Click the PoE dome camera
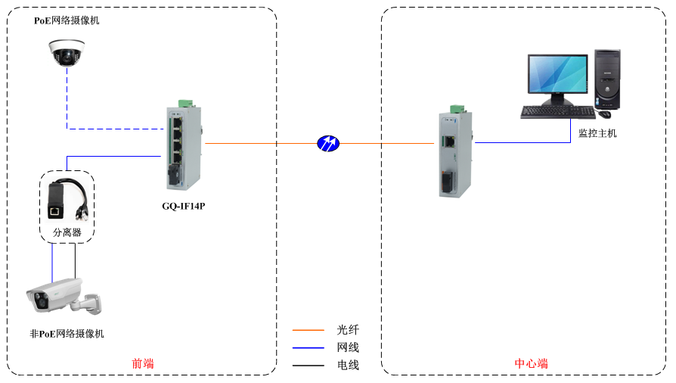click(x=66, y=52)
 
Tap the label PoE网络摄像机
click(x=67, y=20)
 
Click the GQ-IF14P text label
click(x=184, y=205)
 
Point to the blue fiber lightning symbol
click(x=328, y=142)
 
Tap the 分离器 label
click(x=67, y=233)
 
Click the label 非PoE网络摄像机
click(x=67, y=334)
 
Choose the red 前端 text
click(x=142, y=363)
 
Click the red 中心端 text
click(x=531, y=363)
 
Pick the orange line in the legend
click(x=308, y=330)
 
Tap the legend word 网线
click(x=348, y=347)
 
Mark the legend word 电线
click(x=348, y=366)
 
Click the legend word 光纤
click(x=348, y=330)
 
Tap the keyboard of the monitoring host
click(x=558, y=112)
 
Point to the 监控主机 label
click(x=597, y=133)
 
